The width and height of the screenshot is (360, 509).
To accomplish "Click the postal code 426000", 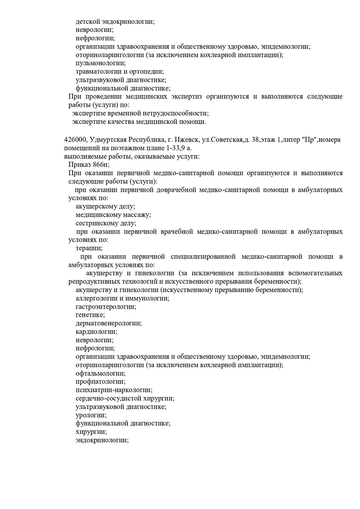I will [x=75, y=140].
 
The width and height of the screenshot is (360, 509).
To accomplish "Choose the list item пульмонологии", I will [x=101, y=63].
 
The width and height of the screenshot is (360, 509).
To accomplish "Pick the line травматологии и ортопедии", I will [x=120, y=72].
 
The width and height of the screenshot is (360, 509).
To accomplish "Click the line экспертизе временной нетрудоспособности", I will [x=140, y=113].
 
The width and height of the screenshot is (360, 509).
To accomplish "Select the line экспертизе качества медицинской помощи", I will [x=139, y=122].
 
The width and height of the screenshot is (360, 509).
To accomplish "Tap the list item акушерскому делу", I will [x=105, y=206].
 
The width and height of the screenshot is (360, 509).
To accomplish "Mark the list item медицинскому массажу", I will [x=113, y=215].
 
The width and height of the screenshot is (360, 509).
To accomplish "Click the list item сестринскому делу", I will [x=106, y=223].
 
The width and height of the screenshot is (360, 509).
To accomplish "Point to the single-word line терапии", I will [x=89, y=248].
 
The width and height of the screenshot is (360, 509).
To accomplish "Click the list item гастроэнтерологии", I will [x=106, y=306].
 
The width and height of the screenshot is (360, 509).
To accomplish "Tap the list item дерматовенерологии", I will [x=108, y=323].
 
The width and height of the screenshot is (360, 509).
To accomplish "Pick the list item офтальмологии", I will [x=100, y=373].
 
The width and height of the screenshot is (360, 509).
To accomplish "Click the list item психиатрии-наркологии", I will [x=114, y=390].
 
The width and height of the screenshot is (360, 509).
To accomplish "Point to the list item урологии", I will [x=91, y=415].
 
